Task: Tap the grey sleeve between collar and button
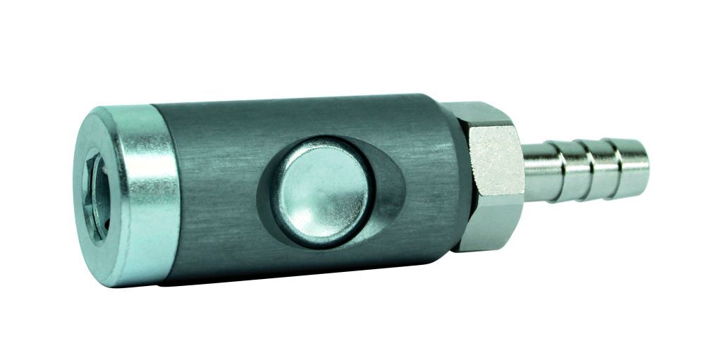211,190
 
